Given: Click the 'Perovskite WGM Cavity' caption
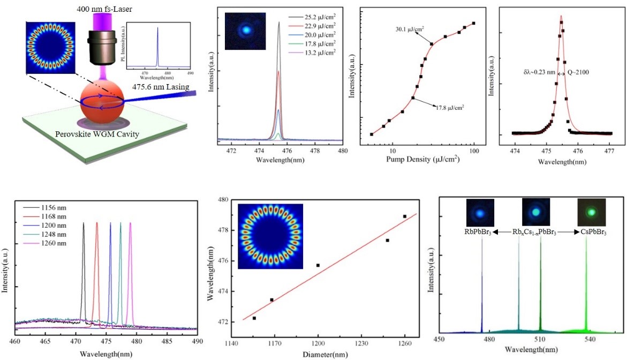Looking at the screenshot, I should click(96, 133).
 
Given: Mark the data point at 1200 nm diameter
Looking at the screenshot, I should click(318, 265).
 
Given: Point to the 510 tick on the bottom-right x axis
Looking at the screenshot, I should click(540, 338).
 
